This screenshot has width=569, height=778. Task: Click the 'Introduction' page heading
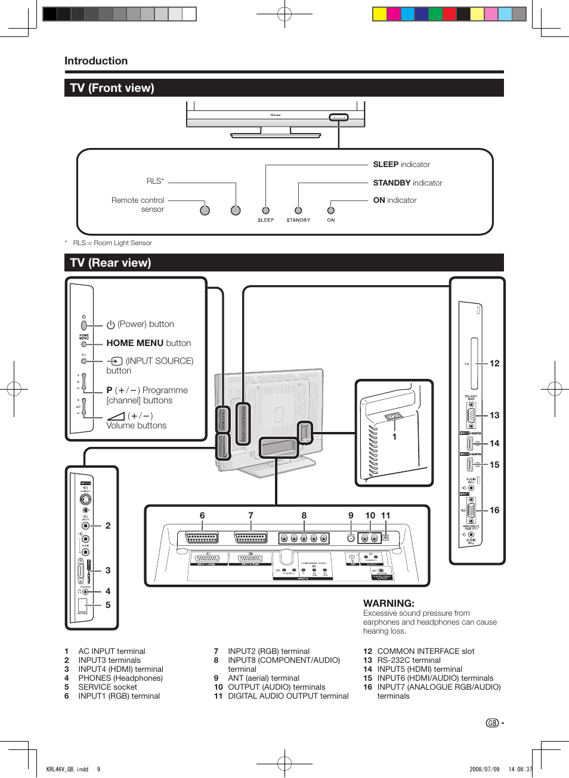[96, 61]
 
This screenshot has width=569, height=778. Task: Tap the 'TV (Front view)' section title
[112, 88]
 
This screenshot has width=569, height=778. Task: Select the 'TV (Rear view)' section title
[110, 263]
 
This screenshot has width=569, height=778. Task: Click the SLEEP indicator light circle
[266, 211]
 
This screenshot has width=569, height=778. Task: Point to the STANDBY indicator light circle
[298, 211]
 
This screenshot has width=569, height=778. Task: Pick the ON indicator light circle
[331, 211]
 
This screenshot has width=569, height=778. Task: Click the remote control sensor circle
[205, 211]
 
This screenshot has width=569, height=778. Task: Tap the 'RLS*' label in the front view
[155, 181]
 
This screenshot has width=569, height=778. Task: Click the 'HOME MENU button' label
[149, 343]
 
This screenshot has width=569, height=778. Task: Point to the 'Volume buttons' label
[136, 425]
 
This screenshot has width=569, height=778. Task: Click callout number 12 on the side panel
[494, 363]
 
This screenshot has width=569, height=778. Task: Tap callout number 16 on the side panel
[494, 510]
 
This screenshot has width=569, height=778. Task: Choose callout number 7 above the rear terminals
[251, 515]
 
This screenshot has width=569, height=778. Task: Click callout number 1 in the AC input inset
[394, 437]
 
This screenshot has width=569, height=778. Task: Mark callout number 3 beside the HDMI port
[108, 570]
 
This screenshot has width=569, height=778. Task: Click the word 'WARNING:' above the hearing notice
[389, 603]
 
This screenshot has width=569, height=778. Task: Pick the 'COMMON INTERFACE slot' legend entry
[426, 651]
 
